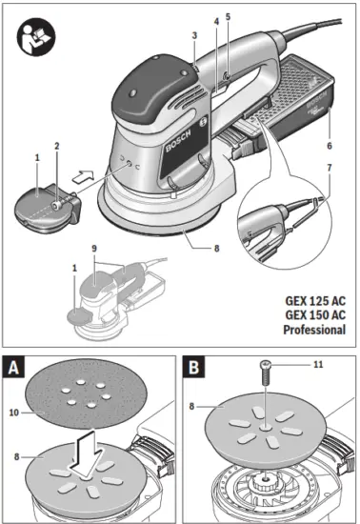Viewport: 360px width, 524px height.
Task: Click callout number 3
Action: [193, 35]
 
